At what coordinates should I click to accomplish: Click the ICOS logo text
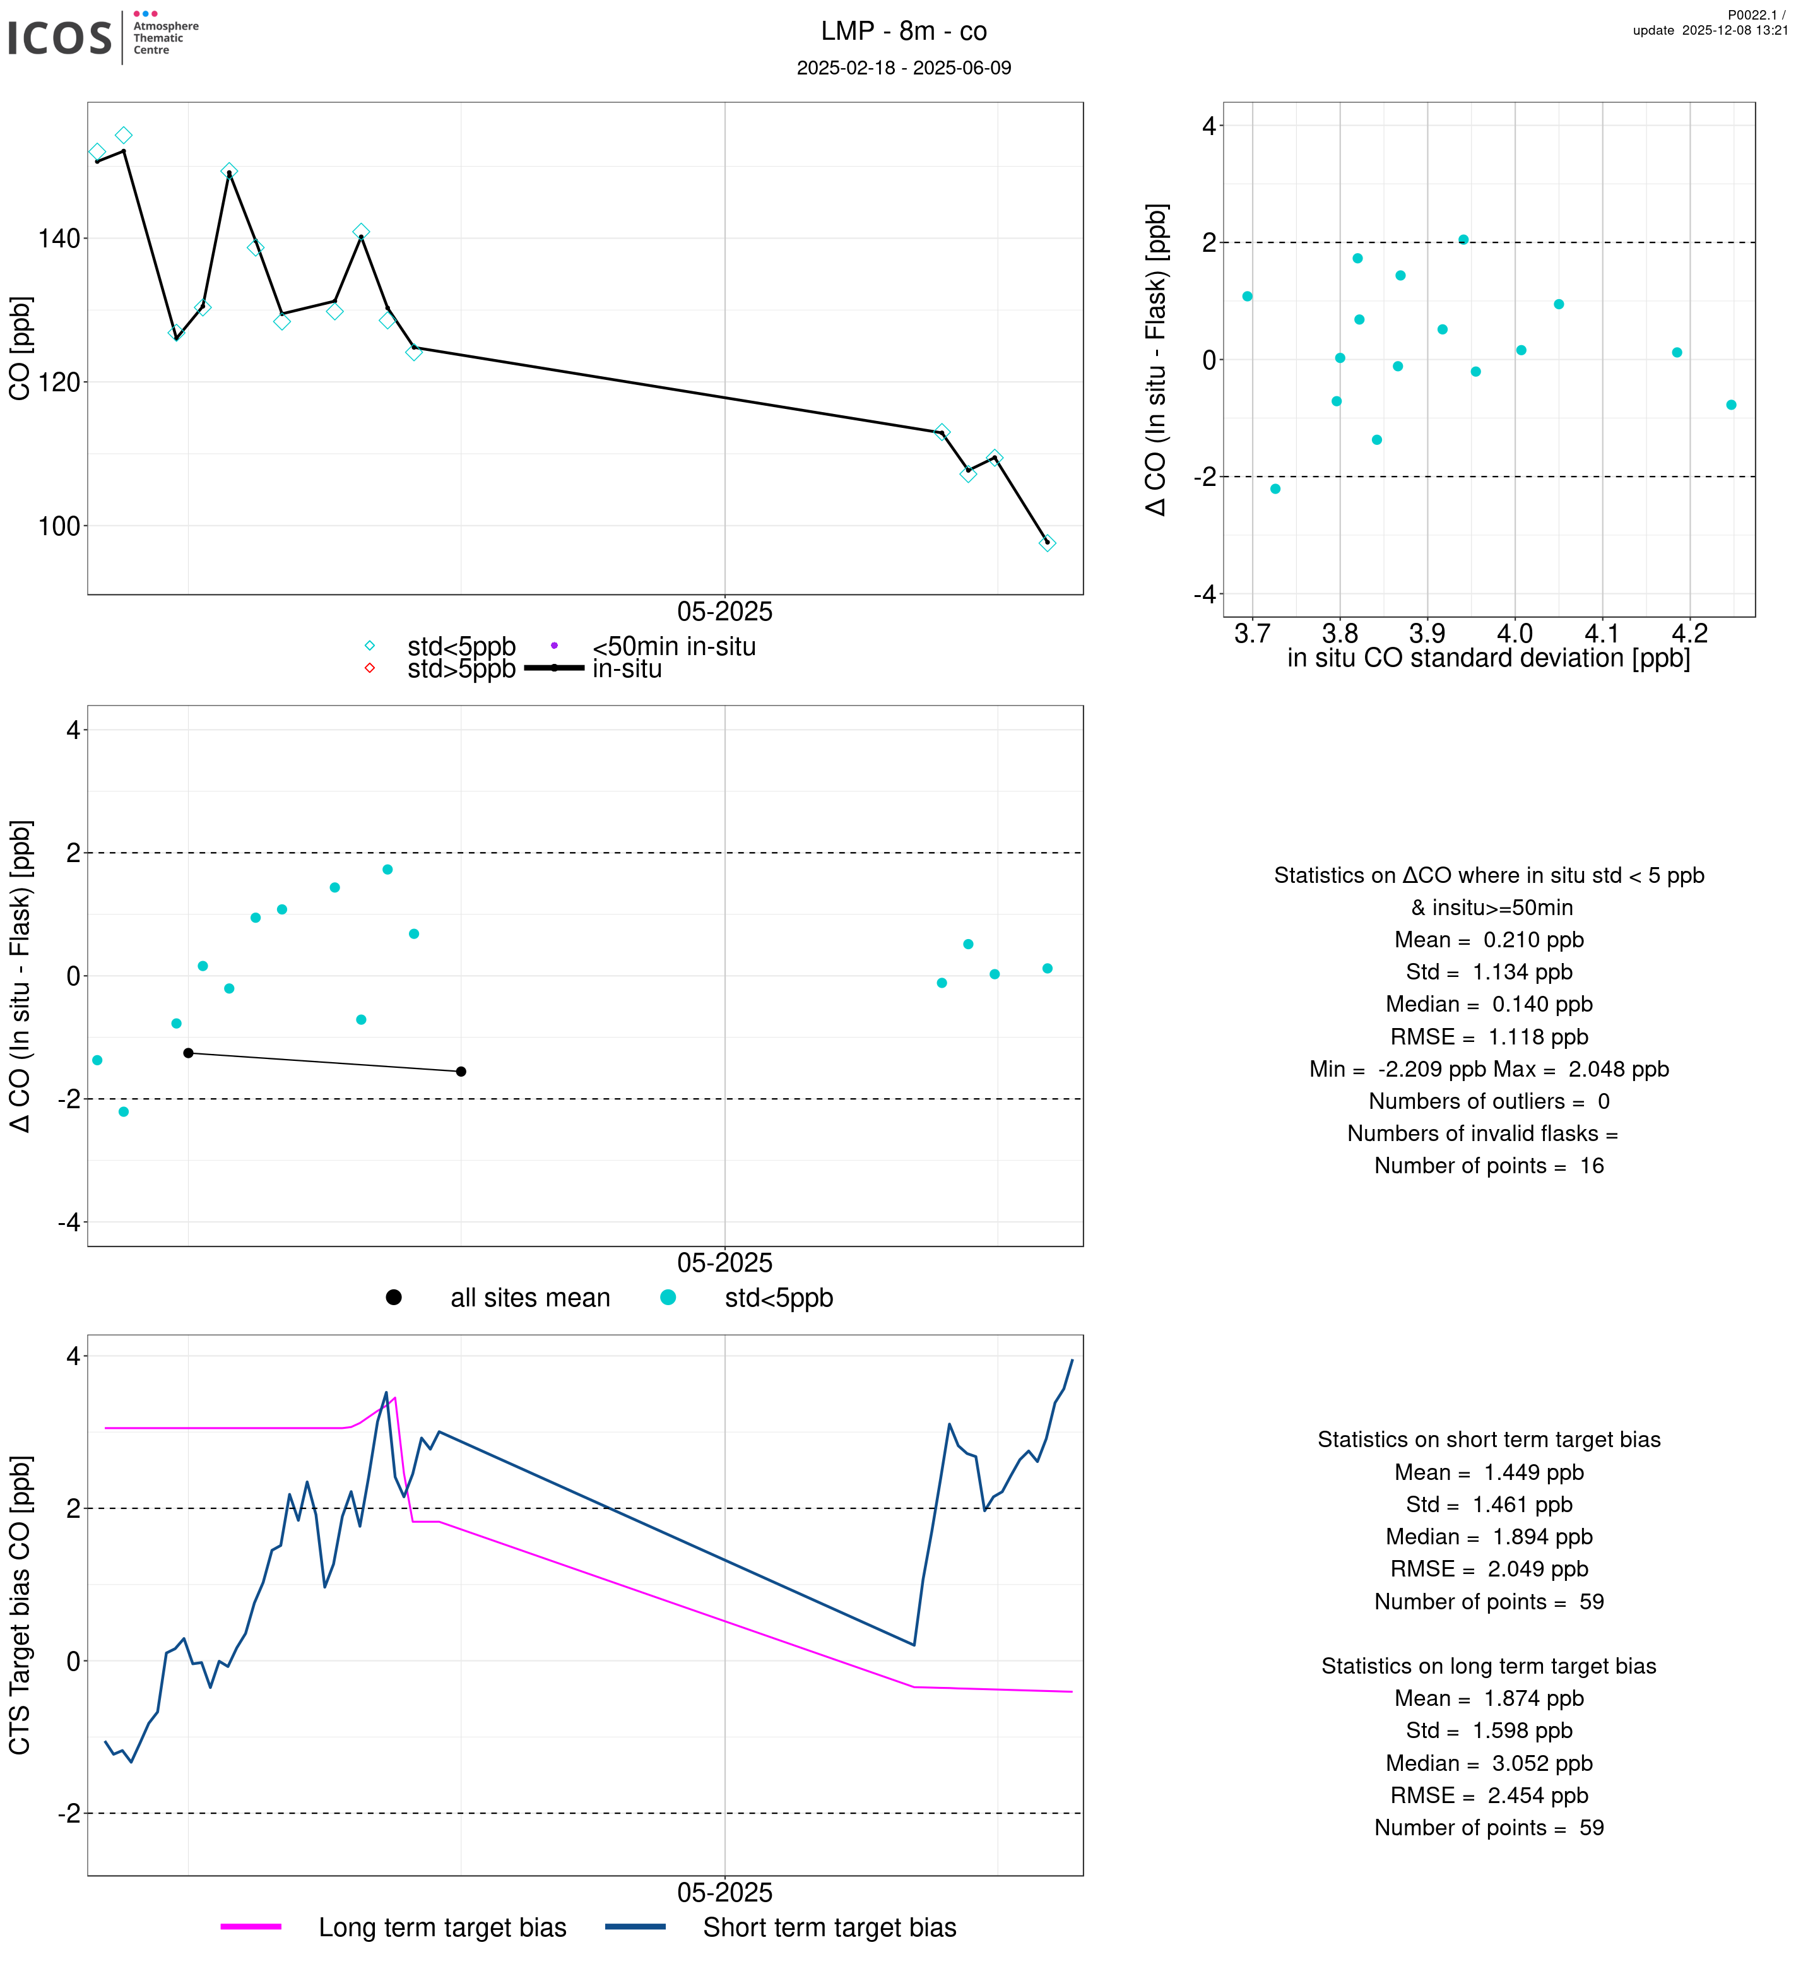60,38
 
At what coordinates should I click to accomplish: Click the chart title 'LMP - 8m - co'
903,32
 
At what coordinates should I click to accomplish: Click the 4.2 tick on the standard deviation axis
1689,634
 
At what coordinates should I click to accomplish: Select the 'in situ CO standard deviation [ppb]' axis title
1488,659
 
